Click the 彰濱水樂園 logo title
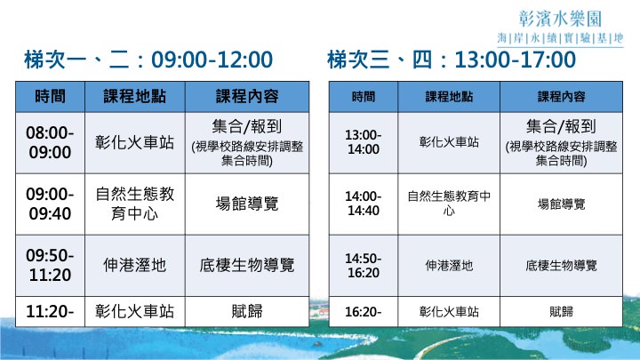[560, 19]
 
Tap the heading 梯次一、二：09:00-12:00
[148, 60]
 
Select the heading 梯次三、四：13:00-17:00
[452, 60]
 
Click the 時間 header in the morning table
[50, 97]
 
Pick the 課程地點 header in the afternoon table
[449, 97]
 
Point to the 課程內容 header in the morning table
[247, 97]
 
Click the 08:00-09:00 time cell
[50, 142]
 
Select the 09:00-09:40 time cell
[50, 204]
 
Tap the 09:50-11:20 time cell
[50, 265]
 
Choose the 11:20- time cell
[50, 311]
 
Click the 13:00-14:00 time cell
[364, 142]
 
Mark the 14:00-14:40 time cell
[364, 204]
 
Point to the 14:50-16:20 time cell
[364, 265]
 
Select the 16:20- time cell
[364, 312]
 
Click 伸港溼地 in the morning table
[135, 265]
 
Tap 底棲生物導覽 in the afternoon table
[561, 266]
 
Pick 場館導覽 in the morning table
[247, 204]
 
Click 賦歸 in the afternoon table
[561, 312]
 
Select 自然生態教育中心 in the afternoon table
[449, 204]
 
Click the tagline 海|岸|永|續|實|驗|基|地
[560, 38]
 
